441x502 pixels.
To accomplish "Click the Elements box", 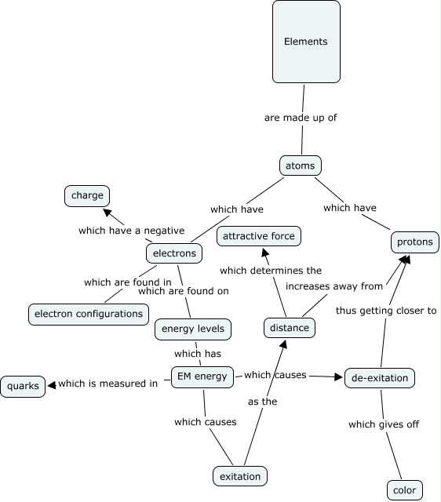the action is point(306,42).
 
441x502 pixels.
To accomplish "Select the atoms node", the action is point(301,166).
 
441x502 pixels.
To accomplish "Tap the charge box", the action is point(87,195).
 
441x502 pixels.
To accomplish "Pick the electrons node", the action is point(174,253).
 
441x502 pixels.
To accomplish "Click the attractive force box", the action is point(259,236).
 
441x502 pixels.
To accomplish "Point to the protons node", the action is point(415,242).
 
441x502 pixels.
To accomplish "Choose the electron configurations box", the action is point(89,314).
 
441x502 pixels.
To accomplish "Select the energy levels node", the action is point(193,329).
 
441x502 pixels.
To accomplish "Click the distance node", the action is point(290,328).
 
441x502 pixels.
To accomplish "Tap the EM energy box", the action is point(202,376).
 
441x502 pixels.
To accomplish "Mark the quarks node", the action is point(23,387).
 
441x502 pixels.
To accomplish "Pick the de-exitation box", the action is point(380,378).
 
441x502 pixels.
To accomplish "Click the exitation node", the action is point(240,476).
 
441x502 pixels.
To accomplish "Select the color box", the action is point(405,490).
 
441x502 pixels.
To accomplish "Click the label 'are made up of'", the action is point(301,118).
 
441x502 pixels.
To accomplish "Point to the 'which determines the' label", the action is point(271,271).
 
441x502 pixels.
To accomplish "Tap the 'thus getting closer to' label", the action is point(386,311).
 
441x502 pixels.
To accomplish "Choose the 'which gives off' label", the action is point(384,424).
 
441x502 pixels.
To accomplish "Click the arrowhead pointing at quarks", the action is point(51,385).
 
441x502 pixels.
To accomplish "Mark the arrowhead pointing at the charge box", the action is point(107,212).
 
